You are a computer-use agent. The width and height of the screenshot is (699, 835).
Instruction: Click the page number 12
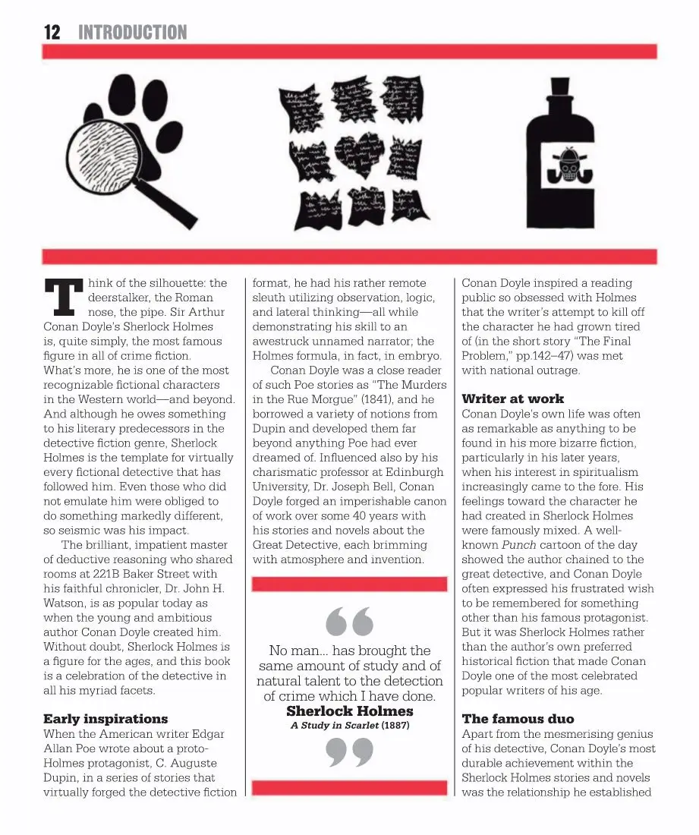(52, 32)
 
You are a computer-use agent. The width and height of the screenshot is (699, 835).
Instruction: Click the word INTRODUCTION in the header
(133, 32)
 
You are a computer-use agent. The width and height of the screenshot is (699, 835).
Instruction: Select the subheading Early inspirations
(105, 719)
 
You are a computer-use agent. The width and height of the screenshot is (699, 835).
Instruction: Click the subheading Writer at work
(513, 399)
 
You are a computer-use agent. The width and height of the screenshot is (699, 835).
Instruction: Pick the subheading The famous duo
(518, 719)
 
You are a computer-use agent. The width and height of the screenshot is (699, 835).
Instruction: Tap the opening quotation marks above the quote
(349, 622)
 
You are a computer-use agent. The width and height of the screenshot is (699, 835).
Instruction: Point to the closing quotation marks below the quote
(349, 752)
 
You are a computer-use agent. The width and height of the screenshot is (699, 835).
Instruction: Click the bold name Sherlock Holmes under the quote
(349, 711)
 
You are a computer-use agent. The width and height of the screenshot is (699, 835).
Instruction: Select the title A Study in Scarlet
(335, 726)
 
